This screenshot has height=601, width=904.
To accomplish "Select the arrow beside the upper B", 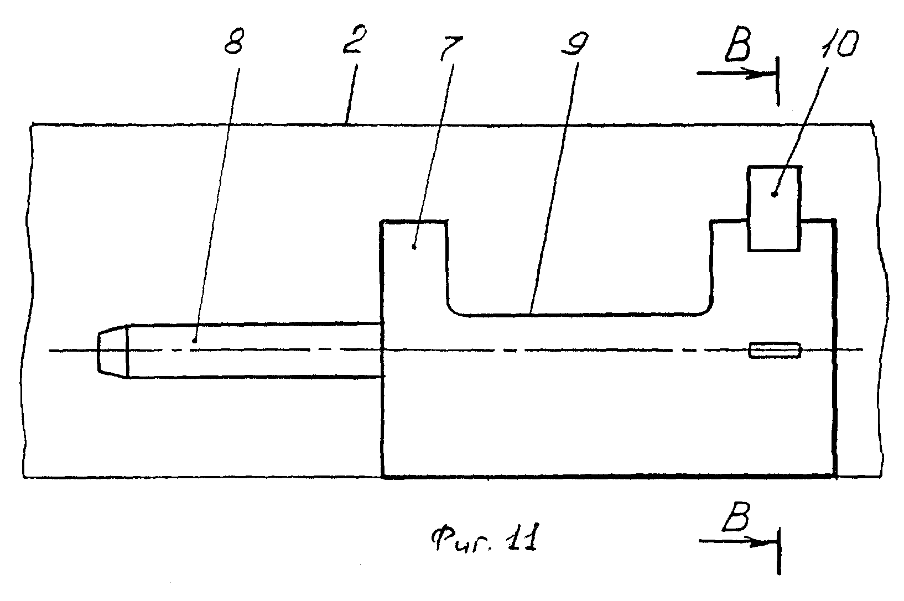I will coord(733,74).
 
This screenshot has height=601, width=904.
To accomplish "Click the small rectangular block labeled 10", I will coord(773,208).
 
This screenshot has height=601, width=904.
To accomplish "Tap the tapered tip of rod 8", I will coord(113,350).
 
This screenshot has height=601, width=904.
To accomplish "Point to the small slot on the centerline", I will coord(775,350).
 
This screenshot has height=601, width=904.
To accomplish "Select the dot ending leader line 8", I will coord(195,341).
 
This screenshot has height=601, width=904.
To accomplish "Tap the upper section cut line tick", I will coord(778,80).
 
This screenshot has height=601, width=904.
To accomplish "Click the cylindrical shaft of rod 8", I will coord(254,350).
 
